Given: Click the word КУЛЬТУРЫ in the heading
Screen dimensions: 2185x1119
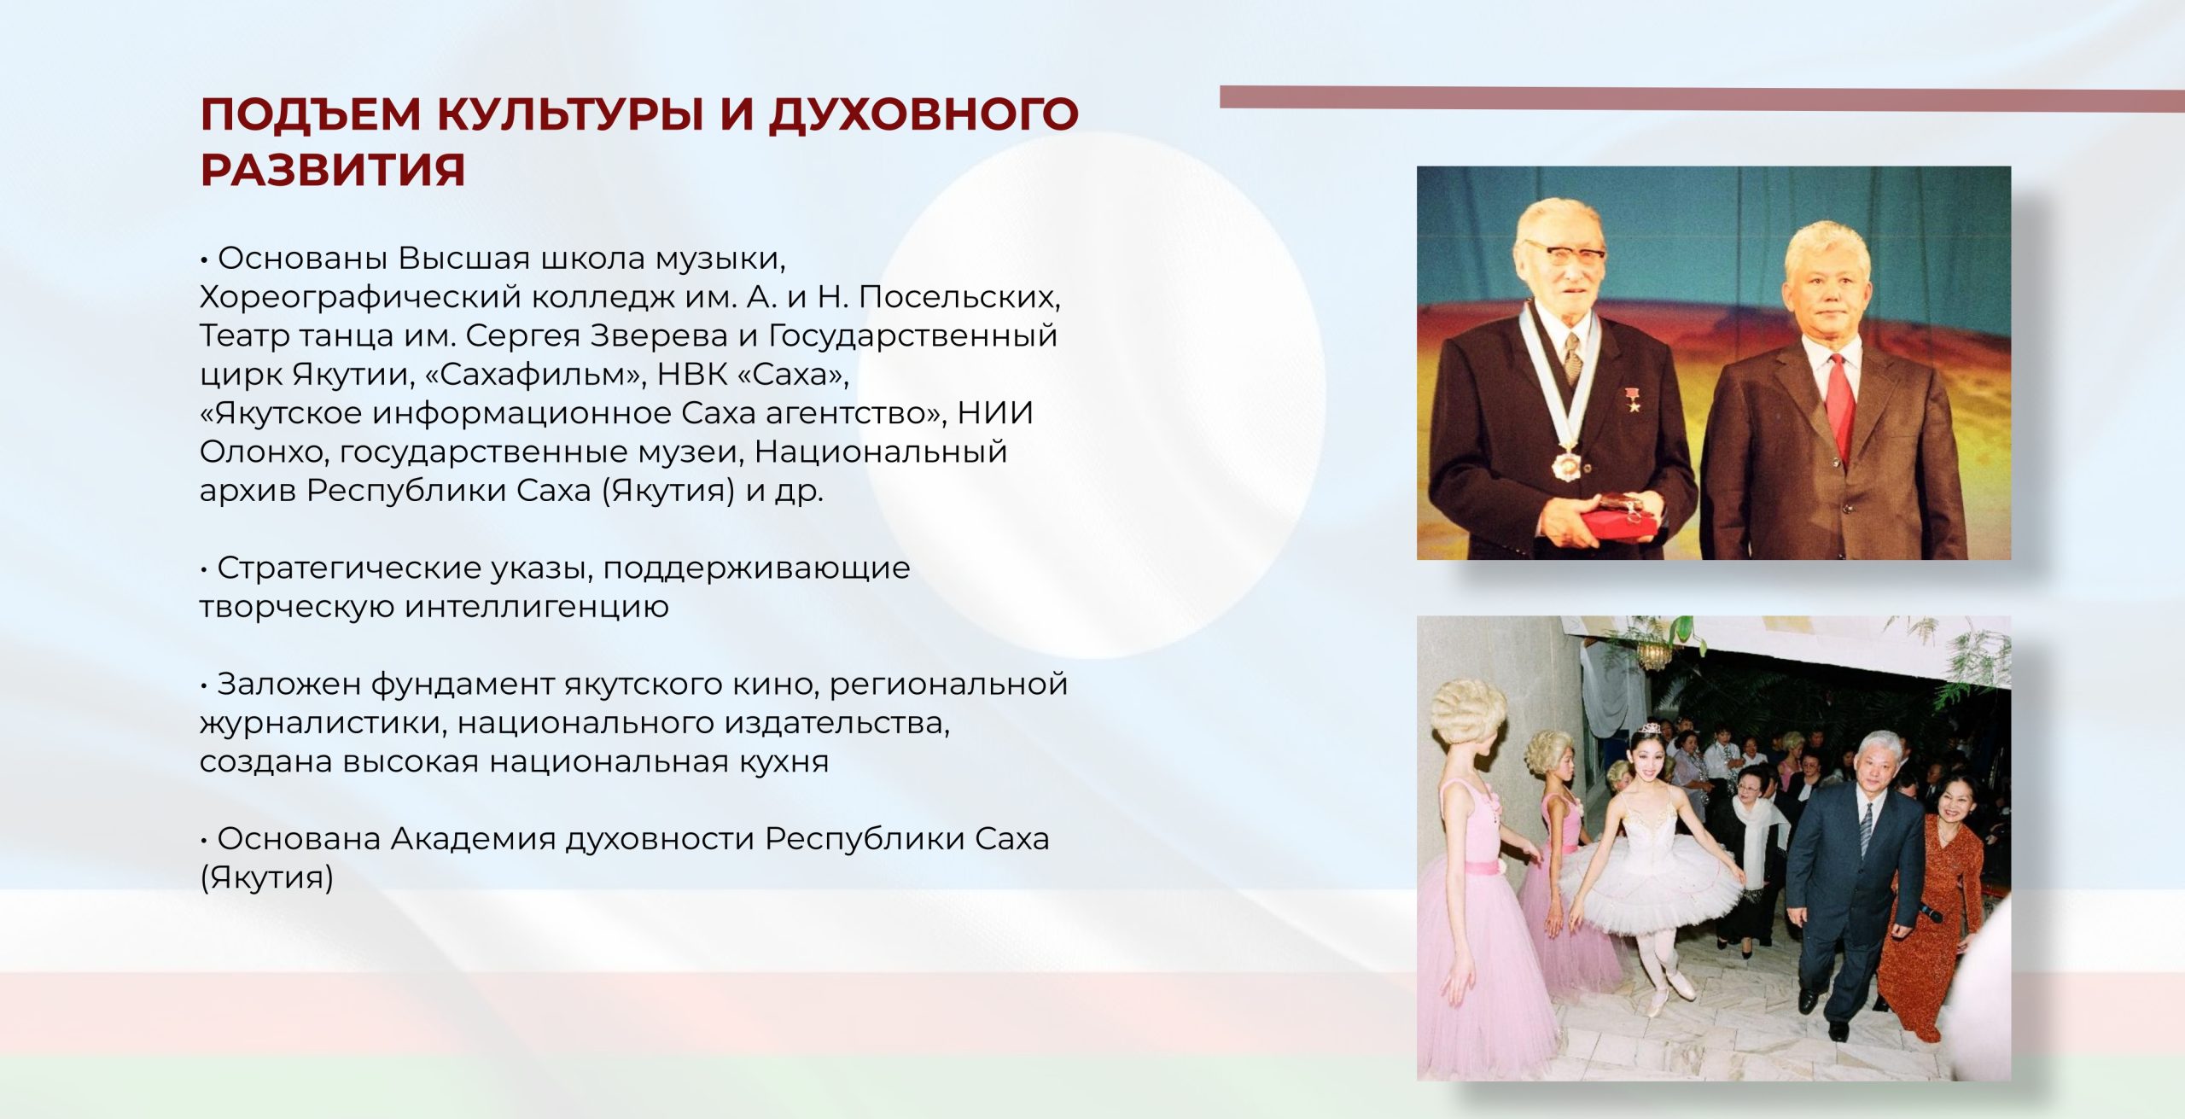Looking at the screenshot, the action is (x=571, y=114).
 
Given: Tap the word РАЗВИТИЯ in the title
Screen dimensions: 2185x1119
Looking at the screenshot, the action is (x=333, y=170).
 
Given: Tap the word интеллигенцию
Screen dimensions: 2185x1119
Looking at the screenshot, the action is (x=537, y=608).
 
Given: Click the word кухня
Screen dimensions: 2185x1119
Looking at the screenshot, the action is (x=784, y=761).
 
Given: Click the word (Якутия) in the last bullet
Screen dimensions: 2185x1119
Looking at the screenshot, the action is (x=267, y=878).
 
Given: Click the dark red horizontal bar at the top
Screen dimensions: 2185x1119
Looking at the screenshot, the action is (x=1702, y=99).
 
